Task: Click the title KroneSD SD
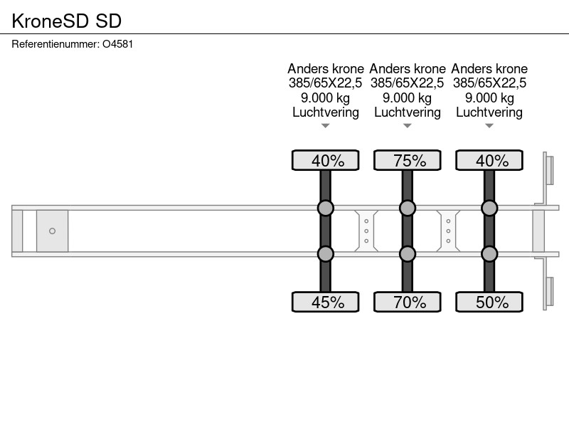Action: tap(66, 21)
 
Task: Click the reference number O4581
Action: tap(118, 44)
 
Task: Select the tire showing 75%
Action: tap(408, 160)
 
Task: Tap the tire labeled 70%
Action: tap(408, 302)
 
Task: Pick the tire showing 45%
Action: tap(326, 302)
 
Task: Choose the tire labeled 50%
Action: tap(489, 302)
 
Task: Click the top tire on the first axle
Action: tap(326, 160)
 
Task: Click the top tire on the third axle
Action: tap(489, 160)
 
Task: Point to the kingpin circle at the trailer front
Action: tap(52, 231)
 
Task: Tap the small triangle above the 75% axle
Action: tap(408, 126)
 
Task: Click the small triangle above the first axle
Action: tap(326, 126)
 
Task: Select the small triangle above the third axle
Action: tap(489, 126)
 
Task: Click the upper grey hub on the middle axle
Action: tap(408, 208)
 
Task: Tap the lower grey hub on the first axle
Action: tap(326, 254)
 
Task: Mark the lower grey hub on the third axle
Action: tap(489, 254)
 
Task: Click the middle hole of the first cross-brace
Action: tap(366, 231)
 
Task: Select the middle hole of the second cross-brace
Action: tap(449, 231)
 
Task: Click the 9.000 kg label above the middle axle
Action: tap(407, 98)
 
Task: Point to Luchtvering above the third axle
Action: tap(489, 112)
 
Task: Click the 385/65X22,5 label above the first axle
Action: tap(326, 83)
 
